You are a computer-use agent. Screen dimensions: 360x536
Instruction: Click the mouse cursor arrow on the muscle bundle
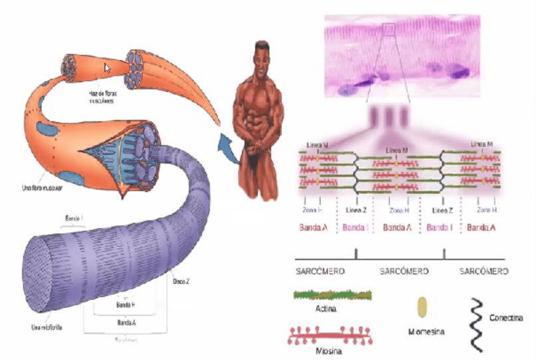(107, 68)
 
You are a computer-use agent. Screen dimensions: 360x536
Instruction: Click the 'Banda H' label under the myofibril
(126, 304)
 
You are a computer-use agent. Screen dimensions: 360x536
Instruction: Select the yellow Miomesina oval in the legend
(422, 306)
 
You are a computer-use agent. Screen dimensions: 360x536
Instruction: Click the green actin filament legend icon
(332, 294)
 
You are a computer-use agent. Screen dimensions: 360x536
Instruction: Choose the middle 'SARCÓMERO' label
(404, 271)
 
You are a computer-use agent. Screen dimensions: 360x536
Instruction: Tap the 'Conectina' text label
(506, 318)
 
